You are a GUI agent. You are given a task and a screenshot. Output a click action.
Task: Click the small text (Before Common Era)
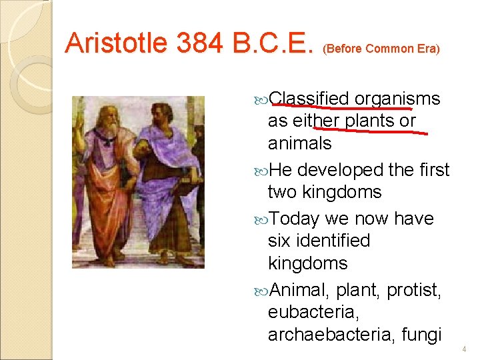pyautogui.click(x=381, y=49)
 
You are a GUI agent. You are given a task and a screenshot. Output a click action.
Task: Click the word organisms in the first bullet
pyautogui.click(x=397, y=99)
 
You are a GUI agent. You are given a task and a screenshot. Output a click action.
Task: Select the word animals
pyautogui.click(x=299, y=143)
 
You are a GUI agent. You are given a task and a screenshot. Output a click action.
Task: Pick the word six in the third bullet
pyautogui.click(x=280, y=241)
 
